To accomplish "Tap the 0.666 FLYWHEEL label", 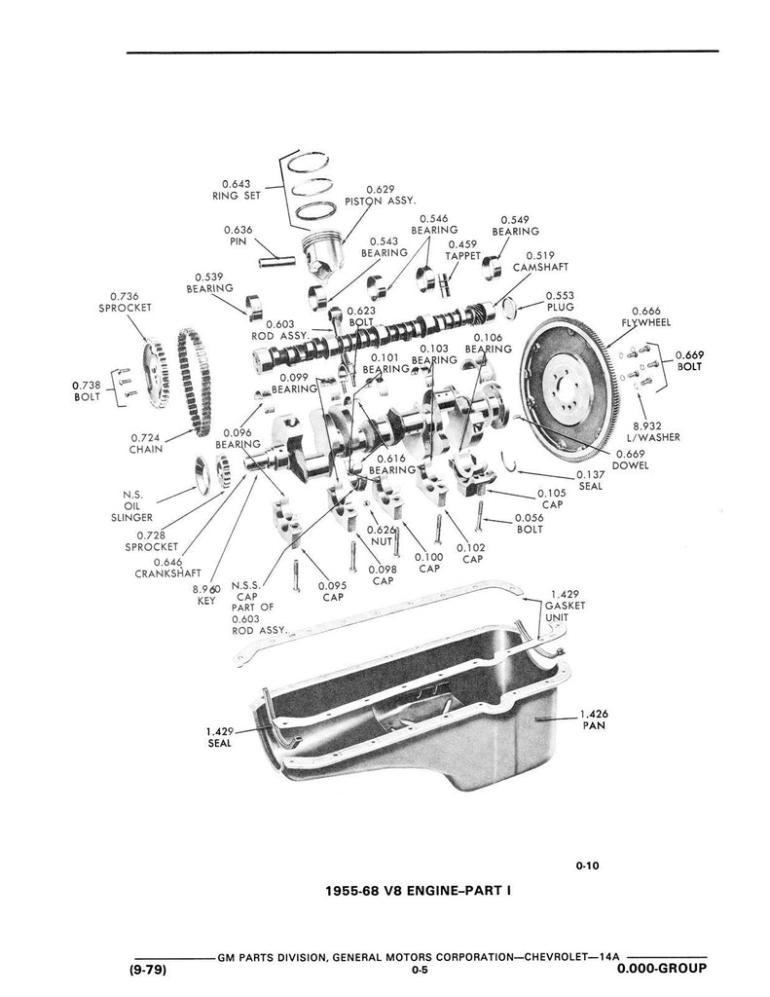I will pyautogui.click(x=643, y=316).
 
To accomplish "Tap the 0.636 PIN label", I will pyautogui.click(x=238, y=236).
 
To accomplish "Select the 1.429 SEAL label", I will pyautogui.click(x=219, y=737).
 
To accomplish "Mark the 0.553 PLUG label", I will pyautogui.click(x=560, y=300).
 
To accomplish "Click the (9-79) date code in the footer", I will pyautogui.click(x=149, y=970).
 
